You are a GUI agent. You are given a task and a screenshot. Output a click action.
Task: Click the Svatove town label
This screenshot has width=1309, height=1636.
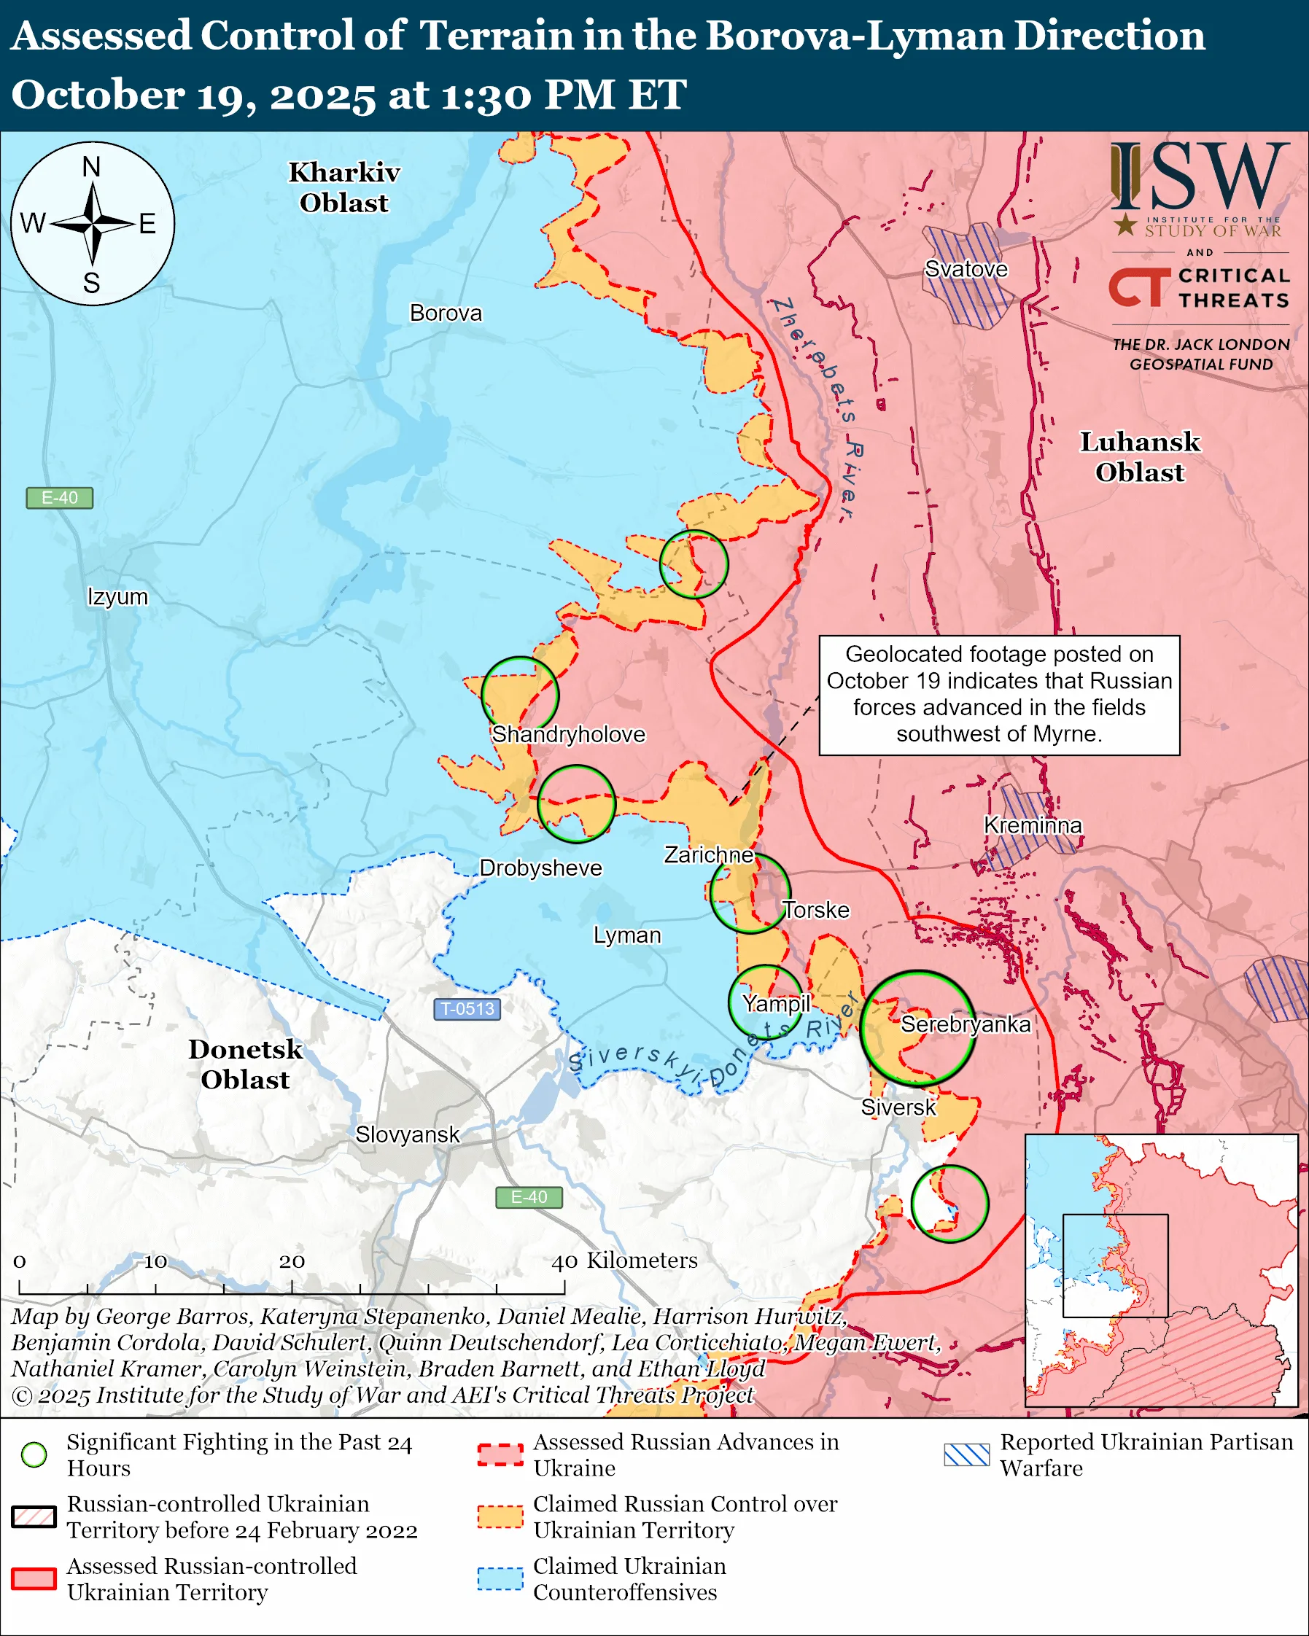[966, 269]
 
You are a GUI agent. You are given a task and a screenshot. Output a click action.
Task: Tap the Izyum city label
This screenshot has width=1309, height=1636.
[117, 596]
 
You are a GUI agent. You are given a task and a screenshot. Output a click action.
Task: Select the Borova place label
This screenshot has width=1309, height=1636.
[446, 313]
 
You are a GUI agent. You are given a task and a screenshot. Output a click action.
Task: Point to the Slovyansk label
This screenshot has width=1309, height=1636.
[407, 1134]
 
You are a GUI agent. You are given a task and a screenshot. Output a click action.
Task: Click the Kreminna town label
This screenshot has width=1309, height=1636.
[1032, 825]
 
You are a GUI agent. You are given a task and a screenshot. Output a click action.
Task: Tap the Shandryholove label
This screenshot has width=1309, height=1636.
[567, 735]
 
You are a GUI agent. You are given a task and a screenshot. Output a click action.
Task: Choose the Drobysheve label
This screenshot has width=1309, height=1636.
[540, 868]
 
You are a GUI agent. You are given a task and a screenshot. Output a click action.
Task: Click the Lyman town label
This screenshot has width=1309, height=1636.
[627, 935]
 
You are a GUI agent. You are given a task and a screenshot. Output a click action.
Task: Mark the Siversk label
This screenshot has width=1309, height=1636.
[898, 1107]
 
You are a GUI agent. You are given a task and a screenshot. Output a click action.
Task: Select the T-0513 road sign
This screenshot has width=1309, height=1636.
[467, 1009]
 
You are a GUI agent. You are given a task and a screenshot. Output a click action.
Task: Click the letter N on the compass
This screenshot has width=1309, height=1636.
[91, 167]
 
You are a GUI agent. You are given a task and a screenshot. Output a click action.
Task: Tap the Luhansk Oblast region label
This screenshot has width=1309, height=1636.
[1139, 457]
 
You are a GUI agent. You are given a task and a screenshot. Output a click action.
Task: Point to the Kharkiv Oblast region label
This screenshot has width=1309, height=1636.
[343, 187]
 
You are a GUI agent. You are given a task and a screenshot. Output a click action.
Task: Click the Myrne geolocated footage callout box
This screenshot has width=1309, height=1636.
[998, 695]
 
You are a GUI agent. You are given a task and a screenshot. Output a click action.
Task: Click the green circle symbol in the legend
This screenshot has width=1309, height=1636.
[34, 1454]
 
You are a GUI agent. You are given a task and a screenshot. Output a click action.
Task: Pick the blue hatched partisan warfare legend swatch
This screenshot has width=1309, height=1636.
[966, 1454]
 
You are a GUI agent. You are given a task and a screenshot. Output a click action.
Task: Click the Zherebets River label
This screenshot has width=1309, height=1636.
[816, 410]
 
